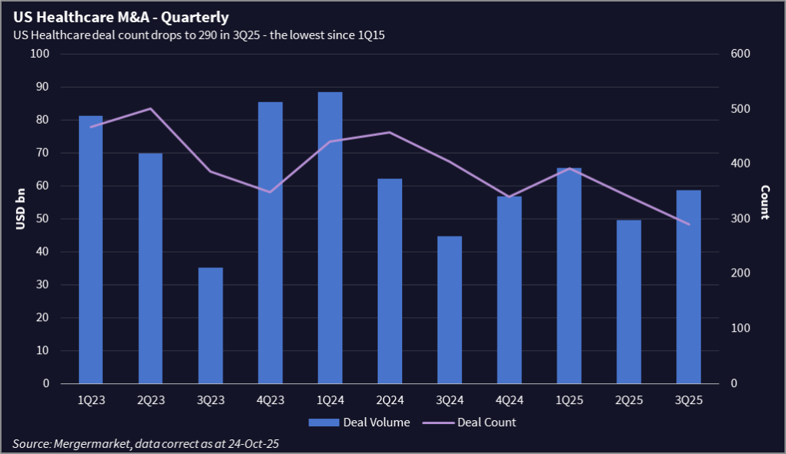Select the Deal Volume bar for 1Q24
[330, 237]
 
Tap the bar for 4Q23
[270, 243]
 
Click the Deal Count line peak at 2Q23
[150, 108]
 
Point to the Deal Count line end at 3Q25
[689, 224]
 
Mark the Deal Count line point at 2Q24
[390, 133]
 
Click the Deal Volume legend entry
[359, 423]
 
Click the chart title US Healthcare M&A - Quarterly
[121, 16]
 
